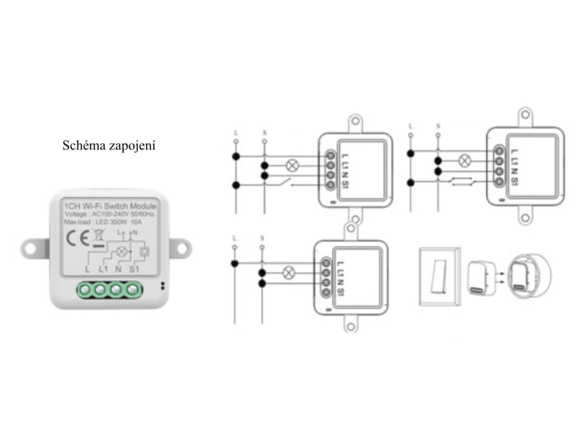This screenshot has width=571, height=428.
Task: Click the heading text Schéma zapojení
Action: [109, 145]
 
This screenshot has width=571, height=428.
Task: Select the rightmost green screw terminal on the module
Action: [132, 290]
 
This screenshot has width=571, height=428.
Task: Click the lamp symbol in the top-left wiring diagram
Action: [291, 166]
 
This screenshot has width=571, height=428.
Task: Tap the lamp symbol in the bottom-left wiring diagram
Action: [289, 273]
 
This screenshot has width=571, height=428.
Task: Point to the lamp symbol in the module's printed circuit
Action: [118, 251]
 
